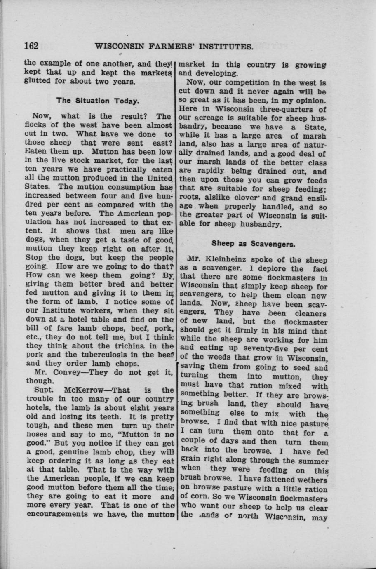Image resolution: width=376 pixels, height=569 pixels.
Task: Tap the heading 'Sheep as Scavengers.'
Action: click(x=253, y=243)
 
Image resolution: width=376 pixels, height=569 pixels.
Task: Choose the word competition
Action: click(x=242, y=82)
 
